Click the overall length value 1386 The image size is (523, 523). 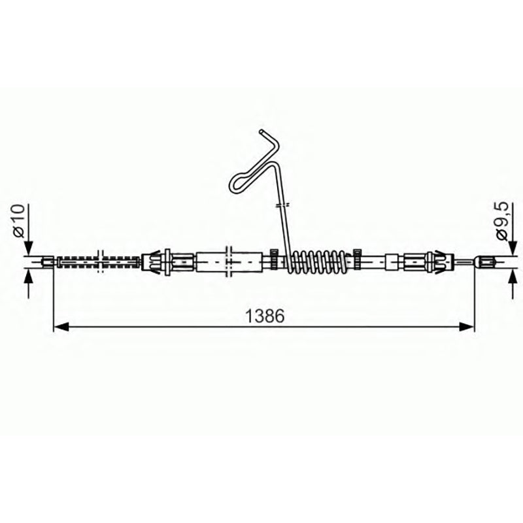coord(265,316)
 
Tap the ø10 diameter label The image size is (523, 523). coord(19,220)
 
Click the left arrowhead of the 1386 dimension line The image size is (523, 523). coord(61,327)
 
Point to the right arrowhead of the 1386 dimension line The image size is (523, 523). coord(466,327)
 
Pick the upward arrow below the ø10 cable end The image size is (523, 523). coord(29,284)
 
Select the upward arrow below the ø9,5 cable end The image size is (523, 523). coord(513,284)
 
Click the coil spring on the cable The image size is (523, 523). coord(318,261)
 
